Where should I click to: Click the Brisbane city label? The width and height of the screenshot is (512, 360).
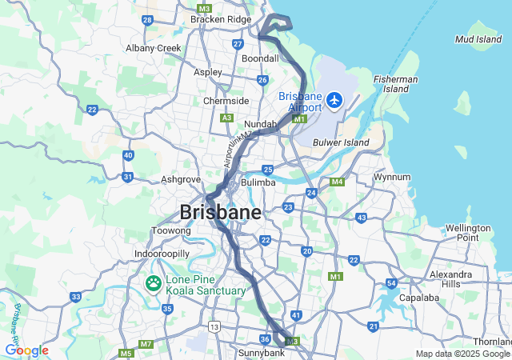(221, 213)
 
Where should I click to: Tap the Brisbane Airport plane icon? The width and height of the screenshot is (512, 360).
(334, 102)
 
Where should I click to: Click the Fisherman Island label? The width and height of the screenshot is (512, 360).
(396, 85)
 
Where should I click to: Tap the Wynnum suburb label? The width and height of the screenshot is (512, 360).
(392, 177)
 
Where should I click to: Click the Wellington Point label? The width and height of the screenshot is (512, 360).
(468, 233)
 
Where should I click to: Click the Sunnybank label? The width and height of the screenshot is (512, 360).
(257, 352)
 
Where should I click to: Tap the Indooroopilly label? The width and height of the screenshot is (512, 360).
(162, 253)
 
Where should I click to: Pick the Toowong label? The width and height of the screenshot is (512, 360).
(171, 230)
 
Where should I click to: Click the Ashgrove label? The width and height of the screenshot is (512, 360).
(180, 179)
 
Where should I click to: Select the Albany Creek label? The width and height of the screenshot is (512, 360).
(154, 48)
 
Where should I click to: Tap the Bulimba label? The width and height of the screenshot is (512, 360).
(258, 182)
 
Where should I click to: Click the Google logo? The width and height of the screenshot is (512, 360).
(26, 350)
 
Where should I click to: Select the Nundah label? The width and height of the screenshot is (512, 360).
(260, 125)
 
